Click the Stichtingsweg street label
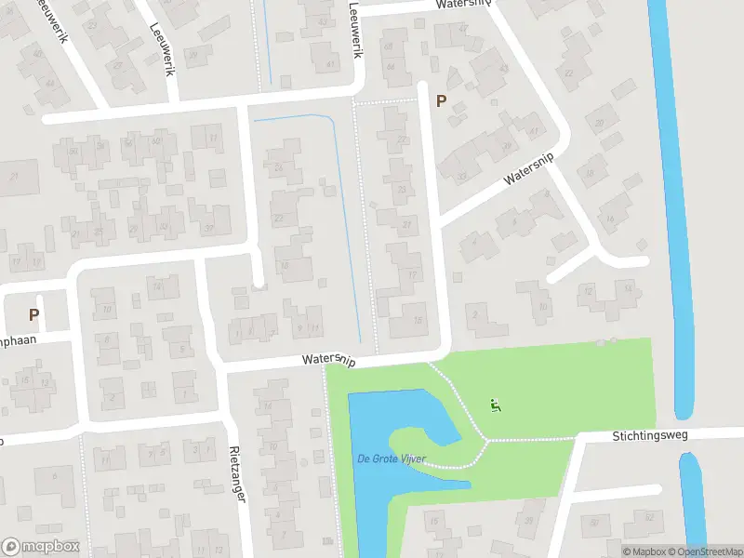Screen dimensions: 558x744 (x=652, y=435)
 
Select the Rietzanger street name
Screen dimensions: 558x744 (x=237, y=474)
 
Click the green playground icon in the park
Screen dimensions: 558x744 (x=495, y=405)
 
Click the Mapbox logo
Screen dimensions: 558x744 (x=40, y=547)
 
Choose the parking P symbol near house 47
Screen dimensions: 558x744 (x=441, y=101)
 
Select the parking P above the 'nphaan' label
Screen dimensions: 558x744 (x=33, y=315)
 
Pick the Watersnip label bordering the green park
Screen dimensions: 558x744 (x=328, y=359)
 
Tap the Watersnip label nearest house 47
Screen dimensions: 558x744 (x=462, y=5)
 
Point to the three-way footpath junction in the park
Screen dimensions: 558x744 (x=484, y=439)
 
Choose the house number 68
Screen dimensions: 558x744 (x=389, y=46)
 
